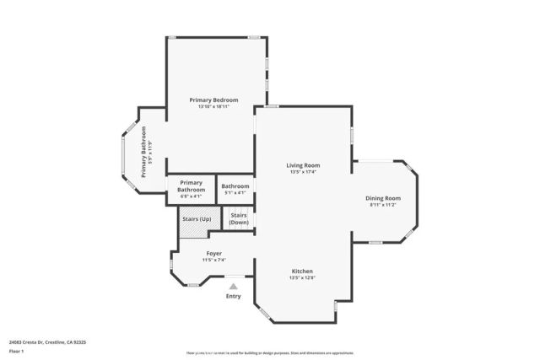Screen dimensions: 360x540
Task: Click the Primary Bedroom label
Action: (213, 99)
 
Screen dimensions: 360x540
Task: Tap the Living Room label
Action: (303, 165)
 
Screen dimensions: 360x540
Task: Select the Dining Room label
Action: (383, 197)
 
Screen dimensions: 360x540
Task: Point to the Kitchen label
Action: (302, 271)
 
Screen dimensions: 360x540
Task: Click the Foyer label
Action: (214, 253)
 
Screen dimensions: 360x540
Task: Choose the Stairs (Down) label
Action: (239, 218)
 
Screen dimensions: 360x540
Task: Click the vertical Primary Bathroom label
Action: (143, 152)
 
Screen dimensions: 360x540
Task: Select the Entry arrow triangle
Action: (234, 287)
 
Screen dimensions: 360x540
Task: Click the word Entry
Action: (234, 296)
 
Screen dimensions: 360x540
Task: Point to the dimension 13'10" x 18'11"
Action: (213, 107)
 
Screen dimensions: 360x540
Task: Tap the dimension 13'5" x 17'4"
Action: (303, 172)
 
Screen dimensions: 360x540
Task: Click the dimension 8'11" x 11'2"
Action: (383, 204)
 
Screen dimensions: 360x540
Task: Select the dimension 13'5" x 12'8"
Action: (302, 277)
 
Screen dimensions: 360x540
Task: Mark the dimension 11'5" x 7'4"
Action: (214, 260)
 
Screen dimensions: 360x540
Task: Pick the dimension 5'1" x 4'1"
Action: (235, 193)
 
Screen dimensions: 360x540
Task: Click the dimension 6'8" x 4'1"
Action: (191, 196)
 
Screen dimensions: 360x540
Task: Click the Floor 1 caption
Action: (16, 351)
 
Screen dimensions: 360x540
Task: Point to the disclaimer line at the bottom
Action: (269, 353)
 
